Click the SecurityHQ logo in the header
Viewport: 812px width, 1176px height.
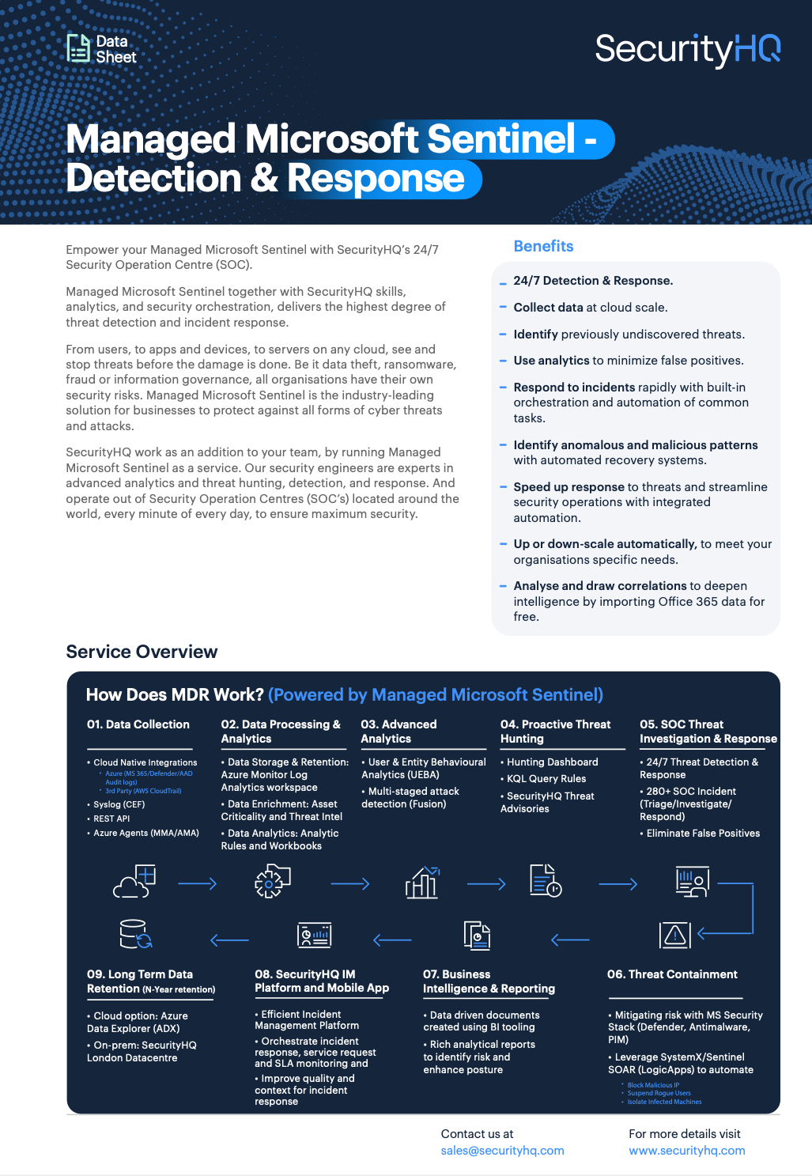click(687, 49)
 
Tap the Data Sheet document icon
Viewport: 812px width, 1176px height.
click(78, 48)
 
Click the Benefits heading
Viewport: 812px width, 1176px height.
click(543, 246)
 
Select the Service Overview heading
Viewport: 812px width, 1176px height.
click(142, 652)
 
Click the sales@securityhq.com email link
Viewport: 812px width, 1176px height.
click(502, 1151)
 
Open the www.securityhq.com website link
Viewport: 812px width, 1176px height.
click(686, 1151)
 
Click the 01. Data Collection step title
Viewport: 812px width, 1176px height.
click(138, 724)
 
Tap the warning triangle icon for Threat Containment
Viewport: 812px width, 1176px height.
click(674, 935)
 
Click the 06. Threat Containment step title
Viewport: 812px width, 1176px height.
click(672, 974)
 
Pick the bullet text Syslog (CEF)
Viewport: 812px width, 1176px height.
click(119, 804)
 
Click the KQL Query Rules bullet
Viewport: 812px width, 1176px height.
click(546, 779)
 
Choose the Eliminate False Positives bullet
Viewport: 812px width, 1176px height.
click(703, 834)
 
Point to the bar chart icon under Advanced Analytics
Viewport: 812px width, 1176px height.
click(422, 883)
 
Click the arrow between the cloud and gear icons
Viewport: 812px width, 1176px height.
click(198, 883)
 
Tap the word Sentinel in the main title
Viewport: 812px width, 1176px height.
click(501, 139)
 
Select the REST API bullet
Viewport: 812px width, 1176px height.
click(111, 819)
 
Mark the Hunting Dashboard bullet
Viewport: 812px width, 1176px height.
click(552, 762)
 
